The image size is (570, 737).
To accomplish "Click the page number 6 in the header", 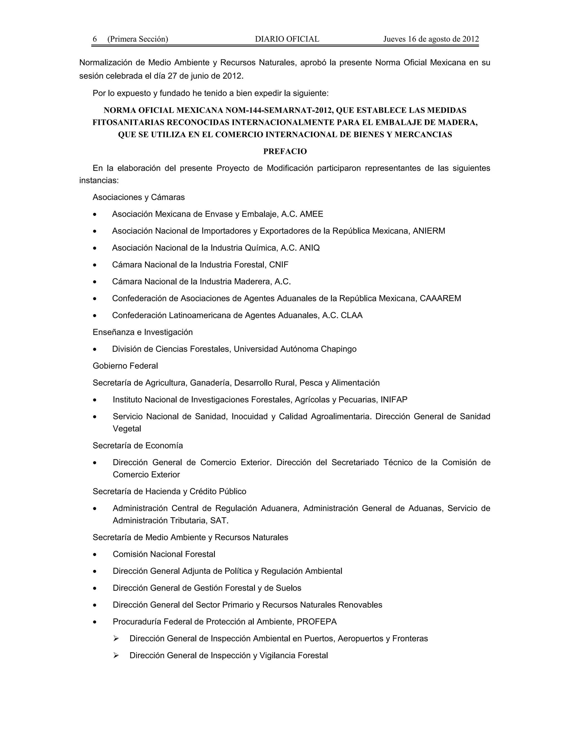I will [x=95, y=39].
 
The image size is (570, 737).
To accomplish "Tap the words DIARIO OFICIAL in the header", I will [x=287, y=39].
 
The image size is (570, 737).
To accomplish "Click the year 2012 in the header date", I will [x=470, y=39].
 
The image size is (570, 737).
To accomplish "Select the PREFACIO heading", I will [x=285, y=152].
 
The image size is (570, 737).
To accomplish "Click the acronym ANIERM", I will [x=429, y=231].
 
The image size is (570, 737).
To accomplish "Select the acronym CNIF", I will [x=279, y=265].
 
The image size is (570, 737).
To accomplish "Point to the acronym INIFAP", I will [x=394, y=400].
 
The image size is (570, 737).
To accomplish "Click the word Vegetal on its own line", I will [x=127, y=429].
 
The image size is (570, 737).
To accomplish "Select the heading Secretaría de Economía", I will [x=138, y=446].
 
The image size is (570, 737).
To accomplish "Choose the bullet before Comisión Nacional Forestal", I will [x=95, y=555].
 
